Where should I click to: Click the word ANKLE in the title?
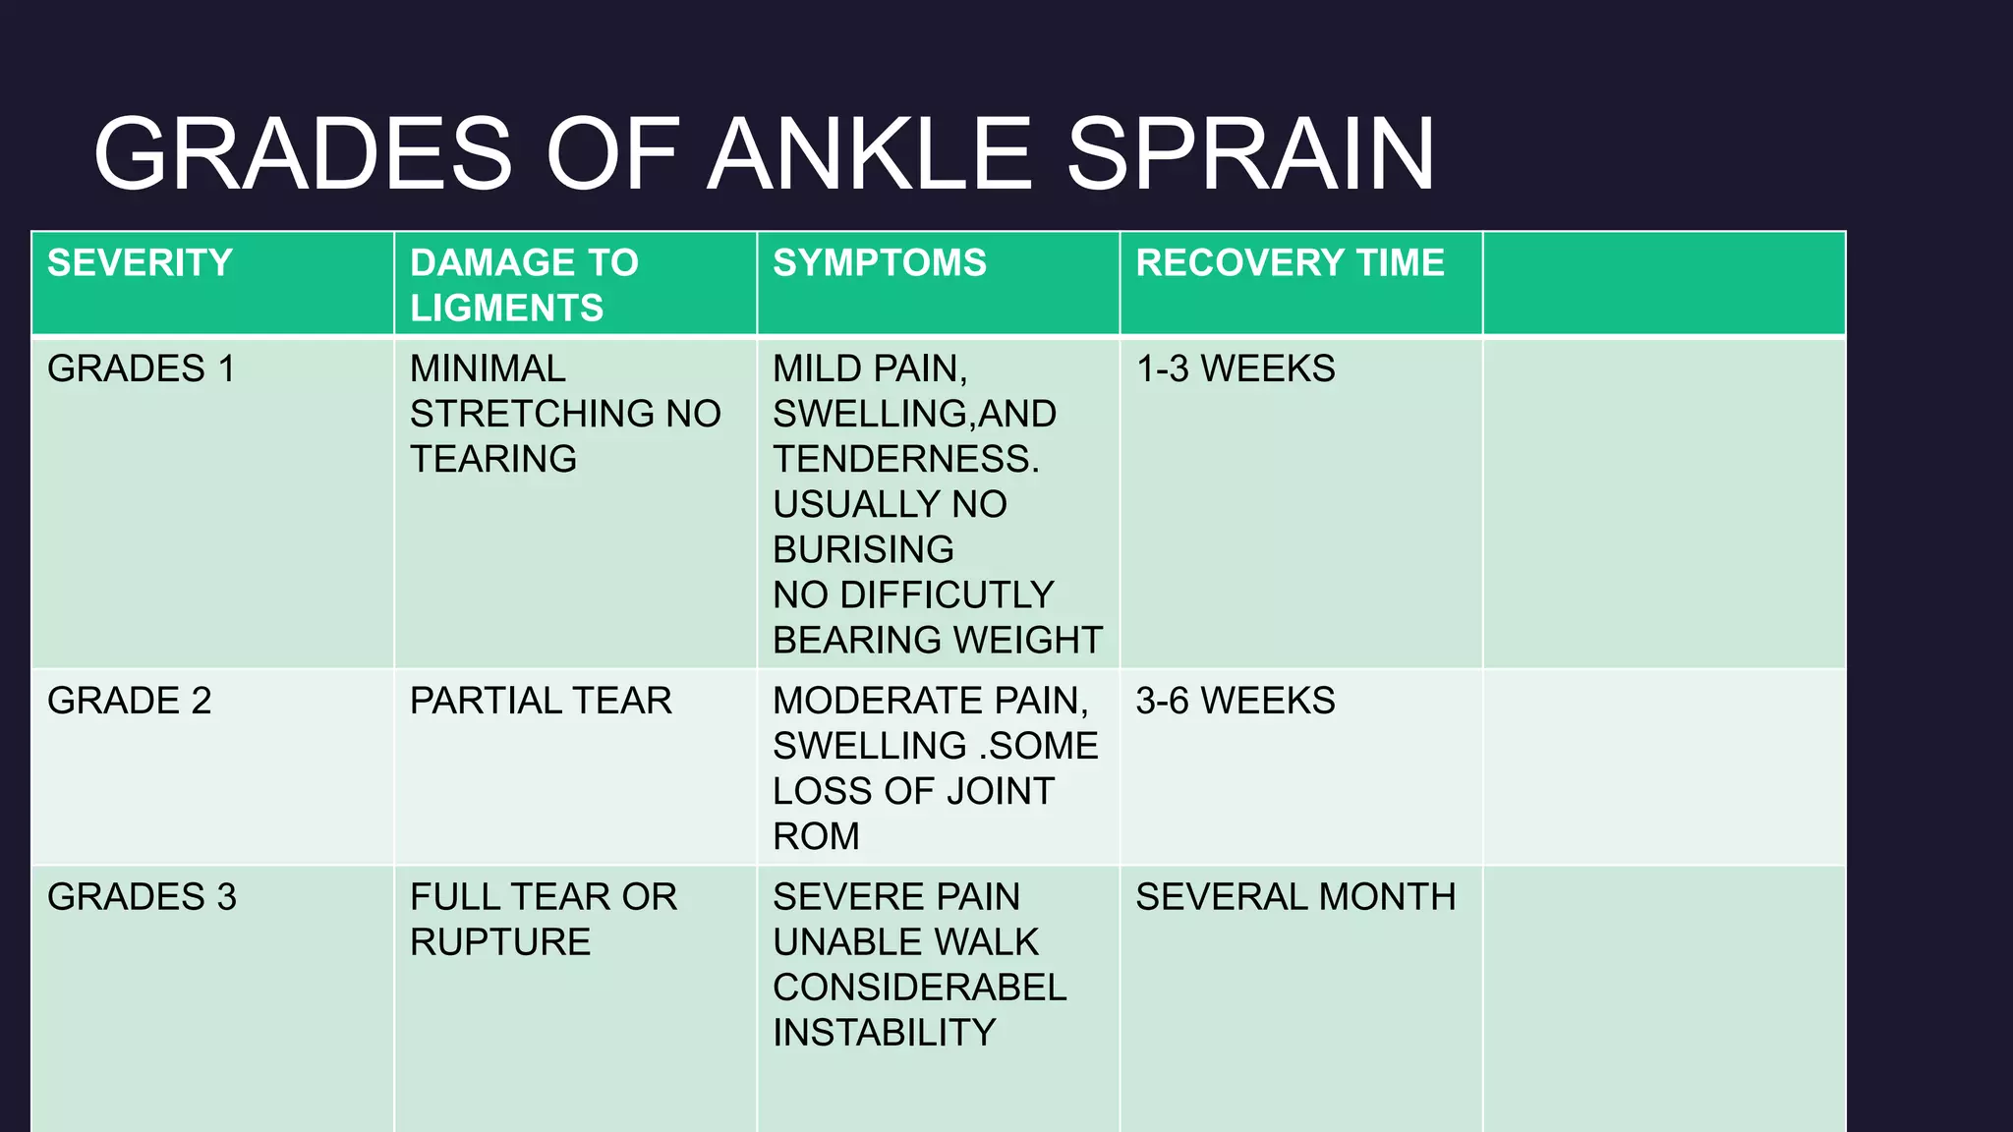tap(869, 154)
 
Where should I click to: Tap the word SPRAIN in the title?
tap(1250, 154)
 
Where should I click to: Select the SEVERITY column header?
tap(140, 262)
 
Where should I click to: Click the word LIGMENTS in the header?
tap(506, 309)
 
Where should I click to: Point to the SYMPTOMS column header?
tap(879, 262)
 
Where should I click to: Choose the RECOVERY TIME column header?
tap(1290, 262)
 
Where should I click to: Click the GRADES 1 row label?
tap(141, 368)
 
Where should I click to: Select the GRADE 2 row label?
tap(129, 701)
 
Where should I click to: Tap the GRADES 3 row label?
tap(142, 897)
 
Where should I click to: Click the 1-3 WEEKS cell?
tap(1235, 368)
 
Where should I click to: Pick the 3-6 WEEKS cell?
tap(1235, 701)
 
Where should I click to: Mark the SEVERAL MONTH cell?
tap(1294, 897)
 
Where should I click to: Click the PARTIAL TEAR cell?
tap(541, 701)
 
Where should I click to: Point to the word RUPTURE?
tap(499, 942)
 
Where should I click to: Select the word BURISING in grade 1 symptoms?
tap(862, 549)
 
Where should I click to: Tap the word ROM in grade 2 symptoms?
tap(816, 836)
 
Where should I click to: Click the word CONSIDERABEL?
tap(919, 988)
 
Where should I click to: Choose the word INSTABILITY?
tap(884, 1033)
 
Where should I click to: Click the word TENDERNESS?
tap(904, 459)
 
